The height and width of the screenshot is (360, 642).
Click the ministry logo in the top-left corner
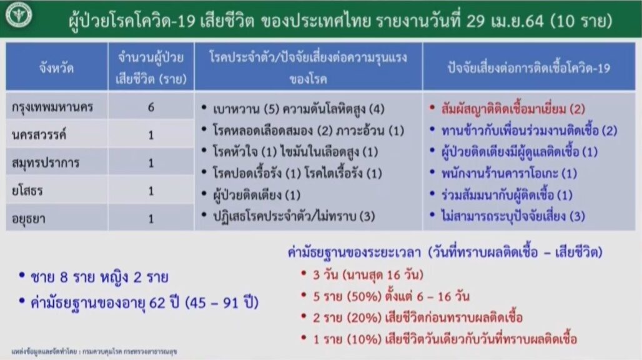(19, 15)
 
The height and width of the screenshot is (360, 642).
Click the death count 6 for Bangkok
(151, 107)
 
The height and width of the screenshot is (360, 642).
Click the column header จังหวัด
(56, 67)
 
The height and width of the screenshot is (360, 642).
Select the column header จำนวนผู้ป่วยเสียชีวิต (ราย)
(151, 67)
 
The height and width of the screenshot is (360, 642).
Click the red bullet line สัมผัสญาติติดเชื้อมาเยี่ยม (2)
(513, 109)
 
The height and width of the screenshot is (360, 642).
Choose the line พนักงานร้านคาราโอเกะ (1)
(509, 174)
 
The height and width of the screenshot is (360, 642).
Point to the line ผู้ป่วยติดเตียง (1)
(257, 195)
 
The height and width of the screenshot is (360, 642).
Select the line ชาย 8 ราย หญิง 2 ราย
(99, 277)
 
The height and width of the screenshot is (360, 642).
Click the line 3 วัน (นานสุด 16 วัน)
(368, 274)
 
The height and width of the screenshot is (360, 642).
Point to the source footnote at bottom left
(94, 351)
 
